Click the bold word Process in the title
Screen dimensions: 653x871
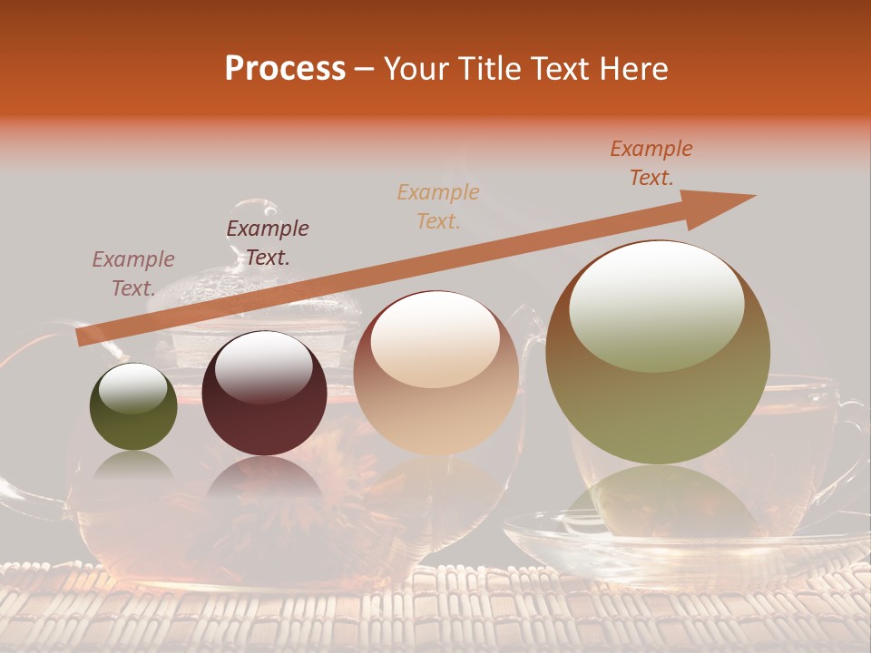pos(285,69)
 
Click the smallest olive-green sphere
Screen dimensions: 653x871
pos(133,407)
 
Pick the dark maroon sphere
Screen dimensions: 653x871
pos(264,394)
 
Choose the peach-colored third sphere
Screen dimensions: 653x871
pos(435,373)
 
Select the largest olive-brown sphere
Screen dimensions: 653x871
pos(658,352)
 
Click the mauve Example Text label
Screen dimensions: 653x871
pos(133,274)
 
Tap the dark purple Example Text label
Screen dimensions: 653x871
pos(268,243)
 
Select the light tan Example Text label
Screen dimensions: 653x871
pos(438,206)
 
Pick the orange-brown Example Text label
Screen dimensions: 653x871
pos(651,163)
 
